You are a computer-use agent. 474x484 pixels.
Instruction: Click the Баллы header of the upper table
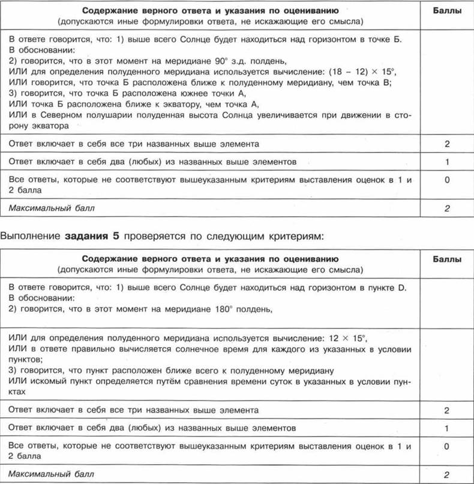[446, 11]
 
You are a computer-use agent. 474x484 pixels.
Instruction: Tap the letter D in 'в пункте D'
[402, 288]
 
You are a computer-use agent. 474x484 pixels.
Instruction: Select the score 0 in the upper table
[446, 180]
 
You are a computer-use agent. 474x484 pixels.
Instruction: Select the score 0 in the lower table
[446, 447]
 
